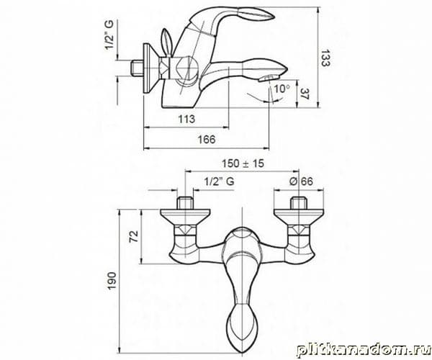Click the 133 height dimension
pyautogui.click(x=325, y=58)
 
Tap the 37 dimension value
pyautogui.click(x=305, y=94)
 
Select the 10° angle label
pyautogui.click(x=282, y=89)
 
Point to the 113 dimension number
pyautogui.click(x=186, y=119)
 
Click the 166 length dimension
pyautogui.click(x=207, y=140)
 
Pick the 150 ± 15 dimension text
pyautogui.click(x=243, y=163)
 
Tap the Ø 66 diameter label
pyautogui.click(x=301, y=181)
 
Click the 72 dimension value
pyautogui.click(x=134, y=236)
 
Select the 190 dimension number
pyautogui.click(x=112, y=281)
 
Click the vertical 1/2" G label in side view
pyautogui.click(x=109, y=35)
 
